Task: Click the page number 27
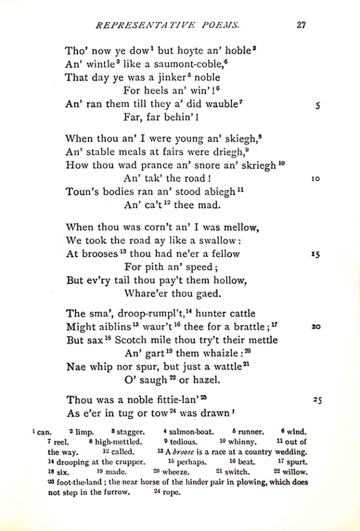click(301, 24)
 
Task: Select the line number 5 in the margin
click(318, 106)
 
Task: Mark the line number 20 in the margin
click(316, 326)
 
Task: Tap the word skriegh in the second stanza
click(257, 165)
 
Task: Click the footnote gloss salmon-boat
click(191, 431)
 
